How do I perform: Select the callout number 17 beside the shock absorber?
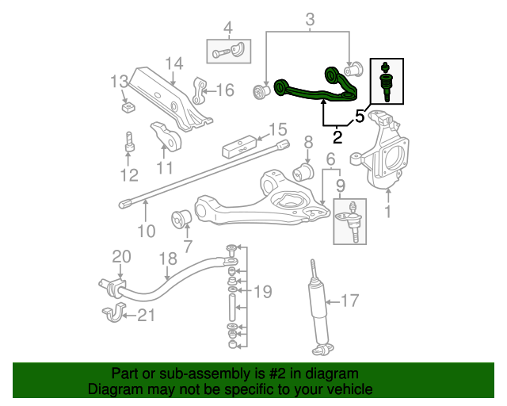349,301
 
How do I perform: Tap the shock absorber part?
318,309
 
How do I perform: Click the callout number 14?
174,63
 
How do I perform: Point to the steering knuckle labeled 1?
387,151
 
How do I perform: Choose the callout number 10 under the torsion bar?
146,232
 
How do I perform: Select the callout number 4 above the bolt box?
228,30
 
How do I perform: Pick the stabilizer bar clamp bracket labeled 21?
114,314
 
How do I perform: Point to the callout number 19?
262,289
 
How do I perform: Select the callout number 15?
276,129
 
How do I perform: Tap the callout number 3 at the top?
310,18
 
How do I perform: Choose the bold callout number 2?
337,136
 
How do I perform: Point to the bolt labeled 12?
128,147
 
